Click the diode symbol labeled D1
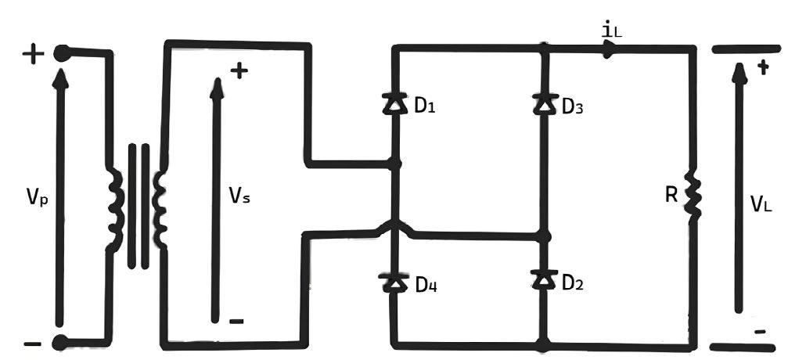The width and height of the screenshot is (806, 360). [394, 104]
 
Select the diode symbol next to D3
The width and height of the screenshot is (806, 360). [545, 104]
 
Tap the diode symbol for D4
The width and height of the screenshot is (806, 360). [394, 283]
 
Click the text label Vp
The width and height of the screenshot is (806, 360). [38, 196]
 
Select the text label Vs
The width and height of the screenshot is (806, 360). [239, 196]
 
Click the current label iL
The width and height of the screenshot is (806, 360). [613, 31]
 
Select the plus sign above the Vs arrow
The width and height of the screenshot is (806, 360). [239, 71]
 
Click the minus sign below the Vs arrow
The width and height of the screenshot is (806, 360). [236, 322]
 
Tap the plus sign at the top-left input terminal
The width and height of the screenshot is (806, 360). [33, 53]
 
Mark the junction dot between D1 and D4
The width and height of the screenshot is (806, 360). [394, 164]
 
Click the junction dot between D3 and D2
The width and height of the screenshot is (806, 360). [545, 236]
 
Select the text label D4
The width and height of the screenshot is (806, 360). [426, 285]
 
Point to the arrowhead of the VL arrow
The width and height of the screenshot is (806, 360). [739, 72]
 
